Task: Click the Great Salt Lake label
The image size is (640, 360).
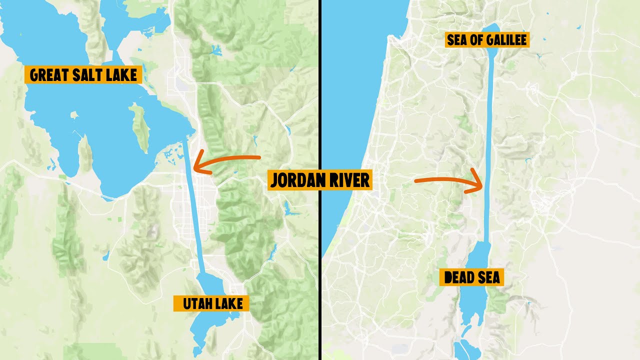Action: (83, 75)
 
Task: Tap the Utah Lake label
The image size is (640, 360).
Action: (211, 303)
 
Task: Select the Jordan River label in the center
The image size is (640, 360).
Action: (320, 180)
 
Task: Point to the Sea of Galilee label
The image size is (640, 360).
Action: (486, 40)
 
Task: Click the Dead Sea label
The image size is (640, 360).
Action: (471, 277)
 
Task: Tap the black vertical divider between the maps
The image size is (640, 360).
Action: (319, 100)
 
